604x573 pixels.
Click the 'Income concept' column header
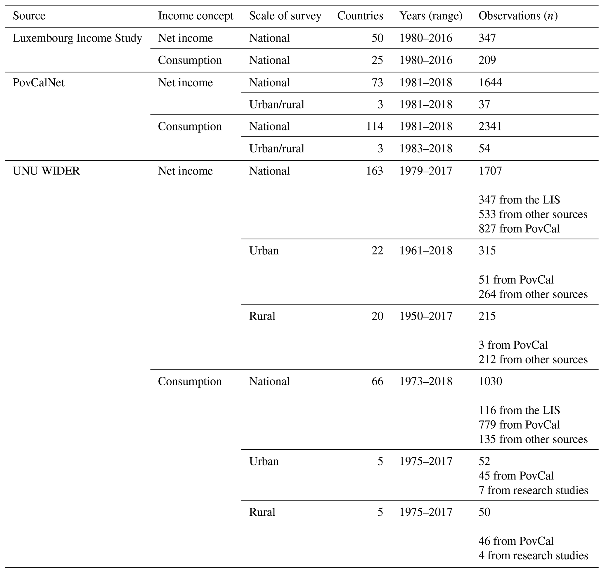pos(195,16)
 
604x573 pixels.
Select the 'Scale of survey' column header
pos(285,16)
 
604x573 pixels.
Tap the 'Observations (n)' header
pos(518,16)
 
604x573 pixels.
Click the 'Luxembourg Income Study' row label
pos(77,38)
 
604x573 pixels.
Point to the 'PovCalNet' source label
pos(39,82)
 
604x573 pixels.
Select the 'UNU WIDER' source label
pos(46,171)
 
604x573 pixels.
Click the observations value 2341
pos(490,127)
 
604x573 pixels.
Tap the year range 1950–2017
pos(426,316)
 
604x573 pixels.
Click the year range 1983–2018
pos(426,149)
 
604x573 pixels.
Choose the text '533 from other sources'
pos(533,214)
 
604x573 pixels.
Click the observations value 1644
pos(490,82)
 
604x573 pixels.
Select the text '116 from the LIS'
pos(519,410)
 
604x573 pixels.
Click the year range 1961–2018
pos(426,251)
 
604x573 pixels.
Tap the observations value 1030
pos(490,381)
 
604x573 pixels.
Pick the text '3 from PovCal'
pos(513,345)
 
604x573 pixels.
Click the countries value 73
pos(377,82)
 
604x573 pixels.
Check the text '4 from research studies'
pos(533,555)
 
